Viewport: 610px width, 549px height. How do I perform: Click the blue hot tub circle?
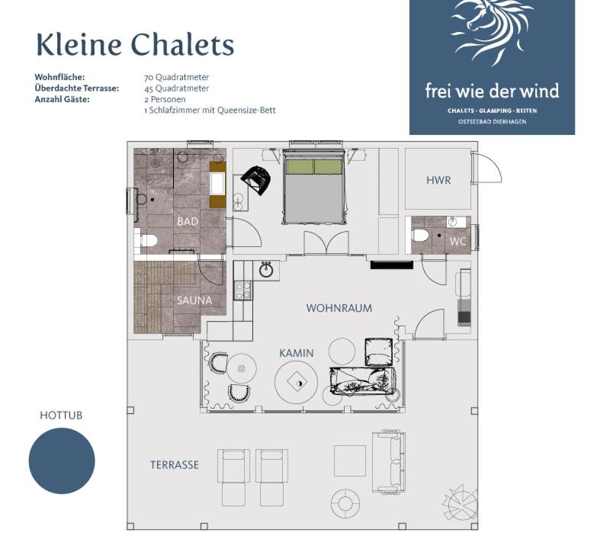tap(62, 461)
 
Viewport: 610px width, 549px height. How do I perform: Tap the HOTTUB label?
tap(61, 416)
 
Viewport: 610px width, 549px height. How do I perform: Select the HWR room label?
tap(438, 180)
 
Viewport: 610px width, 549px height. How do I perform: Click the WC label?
tap(457, 242)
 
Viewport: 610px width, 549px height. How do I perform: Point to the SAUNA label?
tap(194, 300)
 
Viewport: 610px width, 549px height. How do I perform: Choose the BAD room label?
tap(188, 221)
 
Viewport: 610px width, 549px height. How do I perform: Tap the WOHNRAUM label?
tap(339, 308)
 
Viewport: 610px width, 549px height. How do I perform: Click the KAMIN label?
tap(296, 353)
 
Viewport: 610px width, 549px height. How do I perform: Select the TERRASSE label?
tap(175, 464)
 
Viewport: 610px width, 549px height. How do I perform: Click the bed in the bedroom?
tap(313, 187)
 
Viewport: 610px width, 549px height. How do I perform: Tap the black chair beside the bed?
tap(256, 179)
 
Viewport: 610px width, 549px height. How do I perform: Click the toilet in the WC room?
tap(420, 236)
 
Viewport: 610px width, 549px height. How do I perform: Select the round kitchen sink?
tap(266, 270)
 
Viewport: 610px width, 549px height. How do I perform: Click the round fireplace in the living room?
tap(296, 383)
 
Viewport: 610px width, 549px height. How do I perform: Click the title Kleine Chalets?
tap(135, 44)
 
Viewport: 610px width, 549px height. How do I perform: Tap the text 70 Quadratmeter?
tap(176, 78)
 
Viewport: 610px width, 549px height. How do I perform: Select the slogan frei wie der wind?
tap(492, 91)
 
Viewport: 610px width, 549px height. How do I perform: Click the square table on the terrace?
tap(350, 461)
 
